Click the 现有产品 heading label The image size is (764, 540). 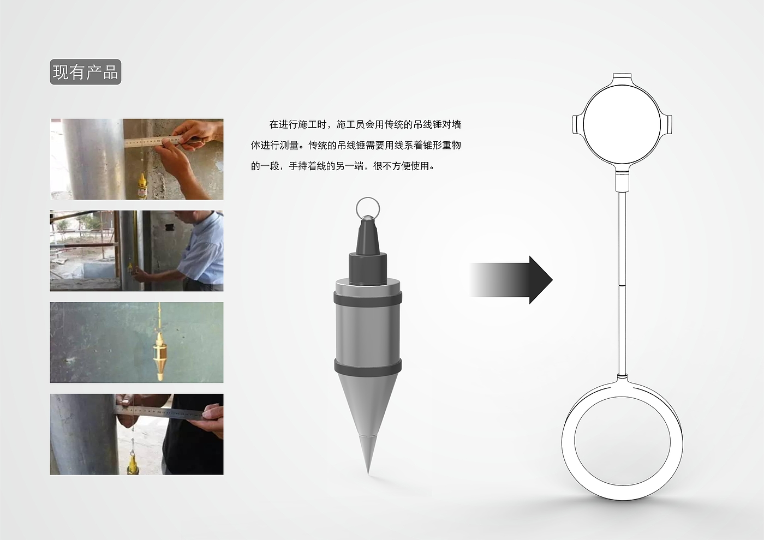pyautogui.click(x=85, y=72)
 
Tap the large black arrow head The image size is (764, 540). pyautogui.click(x=541, y=280)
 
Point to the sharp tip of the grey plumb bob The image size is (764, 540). pyautogui.click(x=368, y=473)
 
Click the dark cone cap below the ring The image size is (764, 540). pyautogui.click(x=368, y=235)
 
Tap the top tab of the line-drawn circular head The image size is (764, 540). pyautogui.click(x=622, y=76)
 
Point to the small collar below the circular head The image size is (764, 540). pyautogui.click(x=622, y=181)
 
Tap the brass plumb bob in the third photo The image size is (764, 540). pyautogui.click(x=159, y=355)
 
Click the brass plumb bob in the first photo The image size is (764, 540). pyautogui.click(x=142, y=186)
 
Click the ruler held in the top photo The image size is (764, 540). pyautogui.click(x=153, y=141)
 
